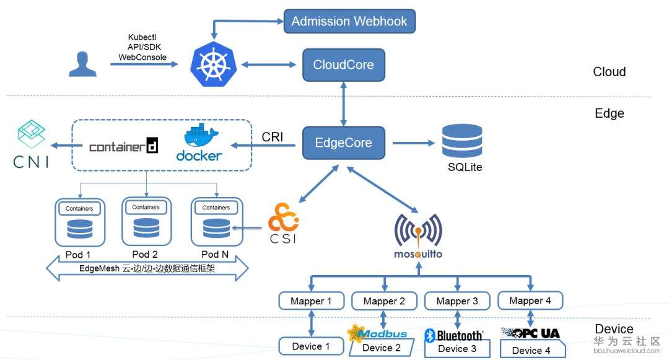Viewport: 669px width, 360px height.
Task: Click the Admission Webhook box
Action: point(349,22)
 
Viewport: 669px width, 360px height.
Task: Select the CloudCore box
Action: point(343,64)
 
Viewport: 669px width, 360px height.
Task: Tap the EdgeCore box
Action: point(343,143)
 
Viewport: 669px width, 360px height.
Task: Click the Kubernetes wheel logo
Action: point(210,64)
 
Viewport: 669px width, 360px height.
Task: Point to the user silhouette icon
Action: point(82,64)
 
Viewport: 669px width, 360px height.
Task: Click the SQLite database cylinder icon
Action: point(462,142)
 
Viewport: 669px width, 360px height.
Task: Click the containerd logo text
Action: point(123,147)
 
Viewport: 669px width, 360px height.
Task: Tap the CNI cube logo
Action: point(30,135)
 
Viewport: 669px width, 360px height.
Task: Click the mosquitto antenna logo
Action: point(418,230)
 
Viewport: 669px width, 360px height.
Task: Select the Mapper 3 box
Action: point(457,301)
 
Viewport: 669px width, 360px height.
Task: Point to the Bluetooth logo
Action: point(453,335)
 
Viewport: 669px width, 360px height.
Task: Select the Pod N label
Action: point(214,254)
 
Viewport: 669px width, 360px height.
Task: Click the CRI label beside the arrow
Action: point(273,137)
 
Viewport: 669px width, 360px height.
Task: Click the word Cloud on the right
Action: point(609,72)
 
